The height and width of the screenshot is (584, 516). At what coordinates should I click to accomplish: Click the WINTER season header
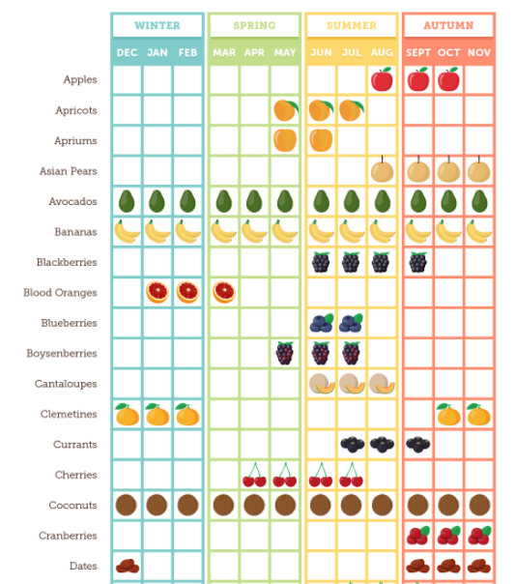pos(158,25)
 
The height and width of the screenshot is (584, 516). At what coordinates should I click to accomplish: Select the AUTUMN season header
pos(448,25)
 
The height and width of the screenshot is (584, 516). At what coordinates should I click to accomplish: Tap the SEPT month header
pos(418,53)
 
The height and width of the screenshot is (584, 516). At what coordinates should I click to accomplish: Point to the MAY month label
pos(285,53)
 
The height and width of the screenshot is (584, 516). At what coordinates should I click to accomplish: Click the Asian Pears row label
pos(69,171)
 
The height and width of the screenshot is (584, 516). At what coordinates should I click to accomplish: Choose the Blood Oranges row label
pos(60,293)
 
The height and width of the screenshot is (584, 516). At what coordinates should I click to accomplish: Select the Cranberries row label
pos(68,536)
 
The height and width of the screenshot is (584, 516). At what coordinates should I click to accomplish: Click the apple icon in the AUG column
pos(382,79)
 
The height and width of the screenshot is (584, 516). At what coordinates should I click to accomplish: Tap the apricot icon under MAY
pos(286,110)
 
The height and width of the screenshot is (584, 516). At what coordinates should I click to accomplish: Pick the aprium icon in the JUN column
pos(321,140)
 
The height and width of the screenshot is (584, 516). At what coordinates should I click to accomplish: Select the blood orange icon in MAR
pos(224,292)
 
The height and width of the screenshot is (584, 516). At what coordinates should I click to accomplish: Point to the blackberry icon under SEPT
pos(418,262)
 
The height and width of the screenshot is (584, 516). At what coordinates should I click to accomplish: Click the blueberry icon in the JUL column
pos(351,323)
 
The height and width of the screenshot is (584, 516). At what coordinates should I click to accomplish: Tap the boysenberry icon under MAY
pos(285,353)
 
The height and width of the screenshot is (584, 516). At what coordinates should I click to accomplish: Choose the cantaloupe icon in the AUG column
pos(382,384)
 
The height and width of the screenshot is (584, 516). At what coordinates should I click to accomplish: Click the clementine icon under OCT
pos(448,414)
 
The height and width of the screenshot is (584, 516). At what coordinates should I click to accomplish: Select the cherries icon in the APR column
pos(255,475)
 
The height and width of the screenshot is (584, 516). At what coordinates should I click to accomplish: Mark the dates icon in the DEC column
pos(128,567)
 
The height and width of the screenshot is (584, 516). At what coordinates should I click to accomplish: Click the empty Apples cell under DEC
pos(127,79)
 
